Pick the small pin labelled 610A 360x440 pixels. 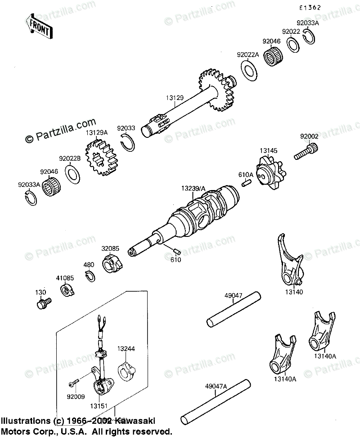point(246,182)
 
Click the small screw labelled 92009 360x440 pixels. point(72,384)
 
